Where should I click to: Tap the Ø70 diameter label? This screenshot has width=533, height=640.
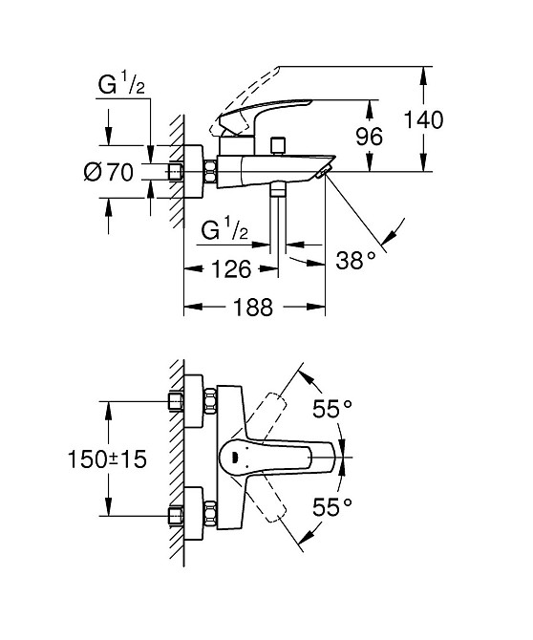click(x=108, y=173)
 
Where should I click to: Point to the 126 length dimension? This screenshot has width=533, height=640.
click(x=230, y=269)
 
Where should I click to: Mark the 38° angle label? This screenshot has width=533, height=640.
click(x=356, y=260)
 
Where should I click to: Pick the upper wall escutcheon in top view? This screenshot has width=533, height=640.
click(x=198, y=401)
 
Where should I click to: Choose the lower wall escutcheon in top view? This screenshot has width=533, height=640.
click(x=198, y=515)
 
